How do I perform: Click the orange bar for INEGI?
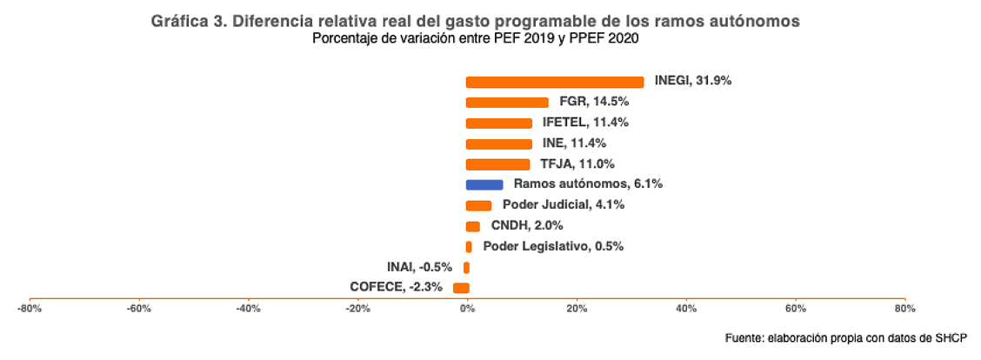click(555, 82)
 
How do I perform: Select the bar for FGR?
click(507, 102)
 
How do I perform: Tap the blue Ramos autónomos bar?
click(484, 184)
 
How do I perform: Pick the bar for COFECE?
click(461, 288)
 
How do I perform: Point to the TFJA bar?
click(497, 164)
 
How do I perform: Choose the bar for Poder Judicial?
click(479, 205)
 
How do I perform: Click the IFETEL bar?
click(499, 123)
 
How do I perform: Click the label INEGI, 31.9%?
click(693, 81)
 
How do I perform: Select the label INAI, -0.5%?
click(419, 267)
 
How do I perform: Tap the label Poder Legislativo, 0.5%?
click(553, 246)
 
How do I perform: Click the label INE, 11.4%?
click(574, 143)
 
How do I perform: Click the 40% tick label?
click(686, 308)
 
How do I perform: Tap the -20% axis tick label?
click(357, 308)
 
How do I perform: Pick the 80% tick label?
click(905, 308)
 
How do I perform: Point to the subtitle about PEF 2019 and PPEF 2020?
click(476, 38)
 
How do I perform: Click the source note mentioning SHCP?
click(845, 337)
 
